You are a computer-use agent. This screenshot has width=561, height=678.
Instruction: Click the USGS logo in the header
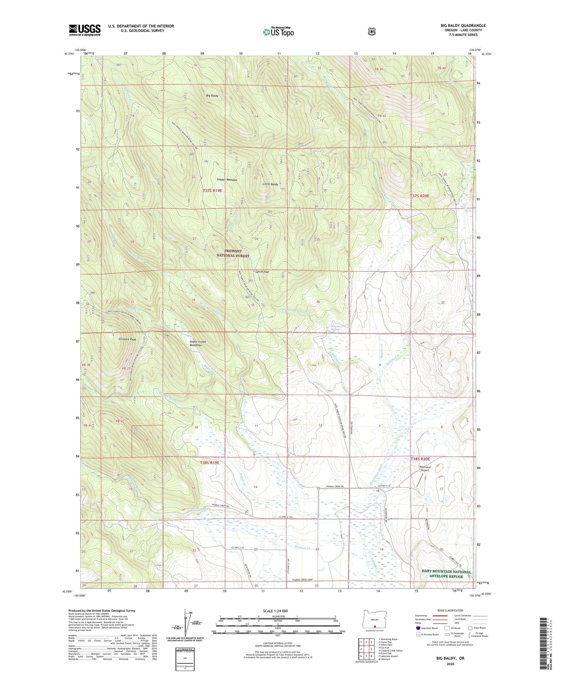tap(85, 30)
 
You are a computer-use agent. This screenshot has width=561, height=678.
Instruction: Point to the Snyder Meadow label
tap(227, 180)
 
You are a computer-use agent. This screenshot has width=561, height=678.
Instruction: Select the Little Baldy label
tap(270, 184)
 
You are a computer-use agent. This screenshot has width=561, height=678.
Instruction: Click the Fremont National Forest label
tap(233, 253)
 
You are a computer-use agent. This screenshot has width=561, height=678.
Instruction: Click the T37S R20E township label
tap(420, 196)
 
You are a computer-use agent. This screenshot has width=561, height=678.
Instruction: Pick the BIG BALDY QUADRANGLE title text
tap(463, 26)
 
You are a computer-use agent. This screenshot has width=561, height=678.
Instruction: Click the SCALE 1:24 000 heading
tap(275, 611)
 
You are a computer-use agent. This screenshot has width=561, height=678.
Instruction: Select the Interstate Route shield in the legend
tap(418, 628)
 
